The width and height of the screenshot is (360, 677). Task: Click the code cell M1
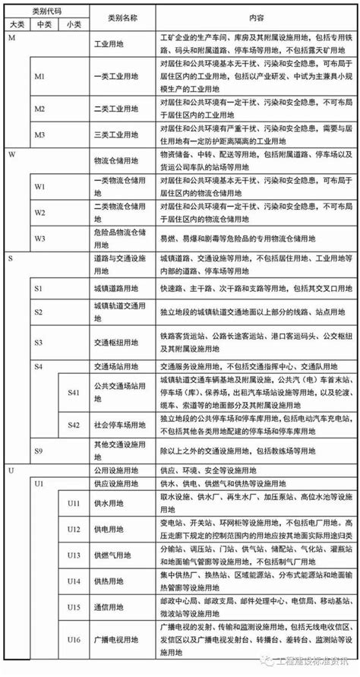click(x=41, y=76)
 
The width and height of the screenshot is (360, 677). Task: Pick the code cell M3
click(x=41, y=135)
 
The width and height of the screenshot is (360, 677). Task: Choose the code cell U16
click(x=73, y=641)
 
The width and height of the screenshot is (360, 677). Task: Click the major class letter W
click(x=11, y=154)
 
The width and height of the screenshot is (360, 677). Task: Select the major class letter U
click(x=11, y=470)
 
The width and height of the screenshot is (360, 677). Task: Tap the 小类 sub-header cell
click(x=73, y=24)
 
